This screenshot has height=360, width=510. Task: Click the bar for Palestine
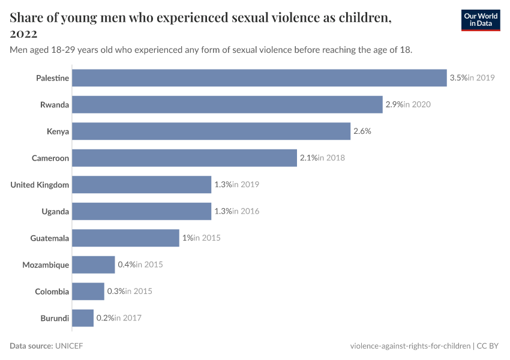(x=259, y=78)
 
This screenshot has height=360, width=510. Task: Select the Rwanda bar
(x=227, y=104)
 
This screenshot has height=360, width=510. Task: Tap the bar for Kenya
(x=211, y=131)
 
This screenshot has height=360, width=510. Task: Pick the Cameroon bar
(x=184, y=158)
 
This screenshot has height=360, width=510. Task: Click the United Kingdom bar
(x=142, y=185)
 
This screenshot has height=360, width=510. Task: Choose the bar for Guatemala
(x=125, y=238)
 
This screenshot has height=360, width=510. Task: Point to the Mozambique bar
(x=93, y=265)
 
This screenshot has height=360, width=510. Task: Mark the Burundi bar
(x=83, y=318)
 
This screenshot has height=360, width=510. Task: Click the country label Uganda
(x=55, y=211)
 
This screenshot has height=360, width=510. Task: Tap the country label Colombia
(x=52, y=292)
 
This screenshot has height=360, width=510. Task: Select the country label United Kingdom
(x=40, y=185)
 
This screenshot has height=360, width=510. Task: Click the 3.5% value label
(x=458, y=78)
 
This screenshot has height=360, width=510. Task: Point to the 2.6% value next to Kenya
(x=362, y=131)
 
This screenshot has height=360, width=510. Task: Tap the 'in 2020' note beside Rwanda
(x=417, y=104)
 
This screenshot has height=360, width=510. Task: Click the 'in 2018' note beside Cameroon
(x=331, y=158)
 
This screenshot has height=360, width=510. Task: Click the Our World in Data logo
(x=480, y=20)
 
